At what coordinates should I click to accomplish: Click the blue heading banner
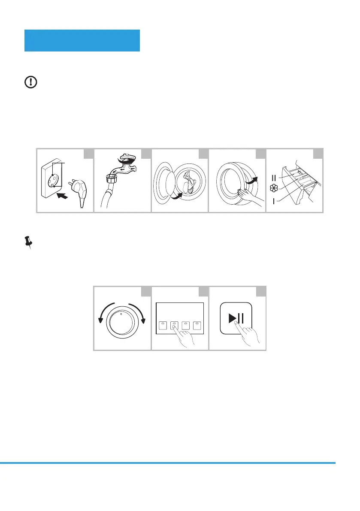(x=82, y=40)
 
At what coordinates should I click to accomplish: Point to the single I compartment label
(x=275, y=201)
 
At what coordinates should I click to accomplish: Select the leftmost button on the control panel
(x=163, y=325)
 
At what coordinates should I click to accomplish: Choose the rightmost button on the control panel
(x=197, y=325)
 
